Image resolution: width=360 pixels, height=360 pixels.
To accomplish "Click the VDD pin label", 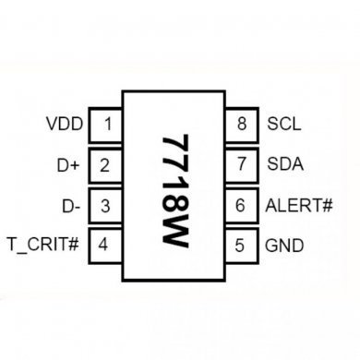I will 64,124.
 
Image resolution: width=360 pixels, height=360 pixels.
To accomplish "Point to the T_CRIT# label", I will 43,246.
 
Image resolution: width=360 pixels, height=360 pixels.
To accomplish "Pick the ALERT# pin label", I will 299,205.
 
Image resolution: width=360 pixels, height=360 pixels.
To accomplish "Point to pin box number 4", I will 108,246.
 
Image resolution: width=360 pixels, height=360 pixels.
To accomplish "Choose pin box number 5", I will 241,246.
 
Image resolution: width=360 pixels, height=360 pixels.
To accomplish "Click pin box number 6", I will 241,205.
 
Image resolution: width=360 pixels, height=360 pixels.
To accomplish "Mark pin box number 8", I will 241,124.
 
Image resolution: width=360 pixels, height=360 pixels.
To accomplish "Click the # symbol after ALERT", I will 326,205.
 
